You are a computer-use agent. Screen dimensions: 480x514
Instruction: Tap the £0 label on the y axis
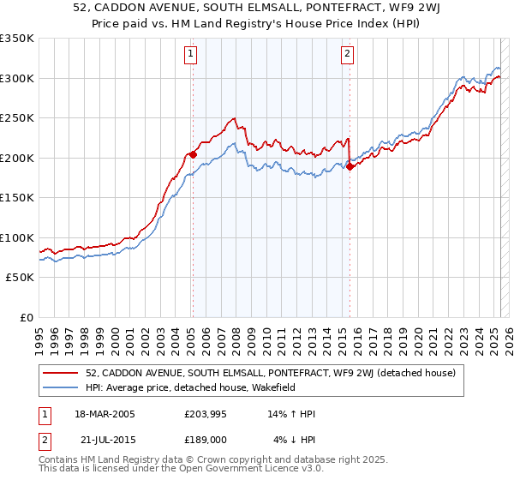click(27, 317)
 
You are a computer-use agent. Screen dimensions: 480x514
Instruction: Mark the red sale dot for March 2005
click(193, 154)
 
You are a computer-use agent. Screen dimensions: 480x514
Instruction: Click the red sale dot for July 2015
click(350, 166)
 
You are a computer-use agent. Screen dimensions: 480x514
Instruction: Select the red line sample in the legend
click(63, 374)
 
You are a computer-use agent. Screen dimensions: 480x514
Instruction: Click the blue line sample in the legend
click(63, 387)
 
